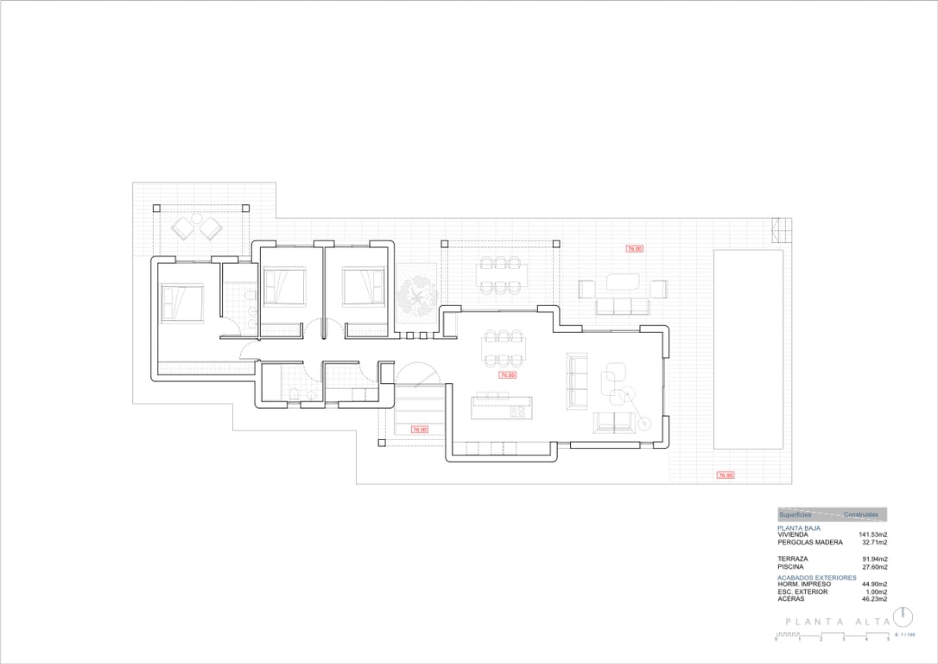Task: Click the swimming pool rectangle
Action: click(x=748, y=349)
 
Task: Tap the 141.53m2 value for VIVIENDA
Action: click(x=873, y=535)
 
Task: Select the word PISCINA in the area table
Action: click(x=792, y=567)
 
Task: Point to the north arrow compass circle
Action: click(x=903, y=616)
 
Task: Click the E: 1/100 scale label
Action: click(x=904, y=635)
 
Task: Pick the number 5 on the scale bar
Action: click(x=888, y=640)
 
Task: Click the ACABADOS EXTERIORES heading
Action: click(x=816, y=578)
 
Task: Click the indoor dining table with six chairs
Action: click(x=503, y=348)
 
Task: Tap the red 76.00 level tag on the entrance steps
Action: click(x=419, y=429)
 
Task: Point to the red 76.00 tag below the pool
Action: click(x=725, y=475)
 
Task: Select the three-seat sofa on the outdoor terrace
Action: click(x=620, y=305)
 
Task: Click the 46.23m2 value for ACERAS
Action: click(x=873, y=598)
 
